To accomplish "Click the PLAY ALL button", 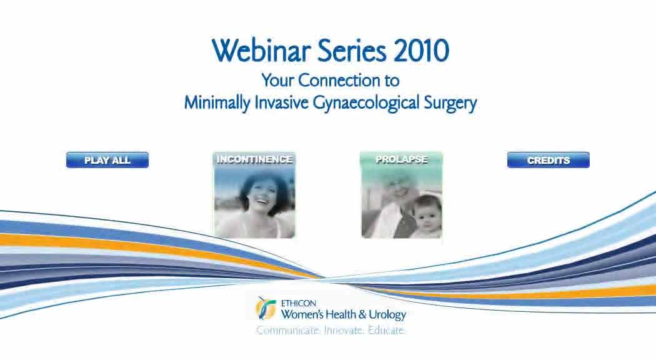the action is coord(107,160).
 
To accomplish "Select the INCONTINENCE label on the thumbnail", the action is coord(254,159).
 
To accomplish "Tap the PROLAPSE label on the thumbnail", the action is coord(401,159).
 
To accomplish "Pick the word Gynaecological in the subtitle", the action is coord(366,103).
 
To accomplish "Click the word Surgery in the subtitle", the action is coord(450,103).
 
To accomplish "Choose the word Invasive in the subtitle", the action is coord(282,102).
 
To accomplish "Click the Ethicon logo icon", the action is coord(266,308).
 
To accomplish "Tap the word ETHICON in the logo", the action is coord(298,304).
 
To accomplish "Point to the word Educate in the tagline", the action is coord(386,331).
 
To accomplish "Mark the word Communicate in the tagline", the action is coord(289,331).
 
